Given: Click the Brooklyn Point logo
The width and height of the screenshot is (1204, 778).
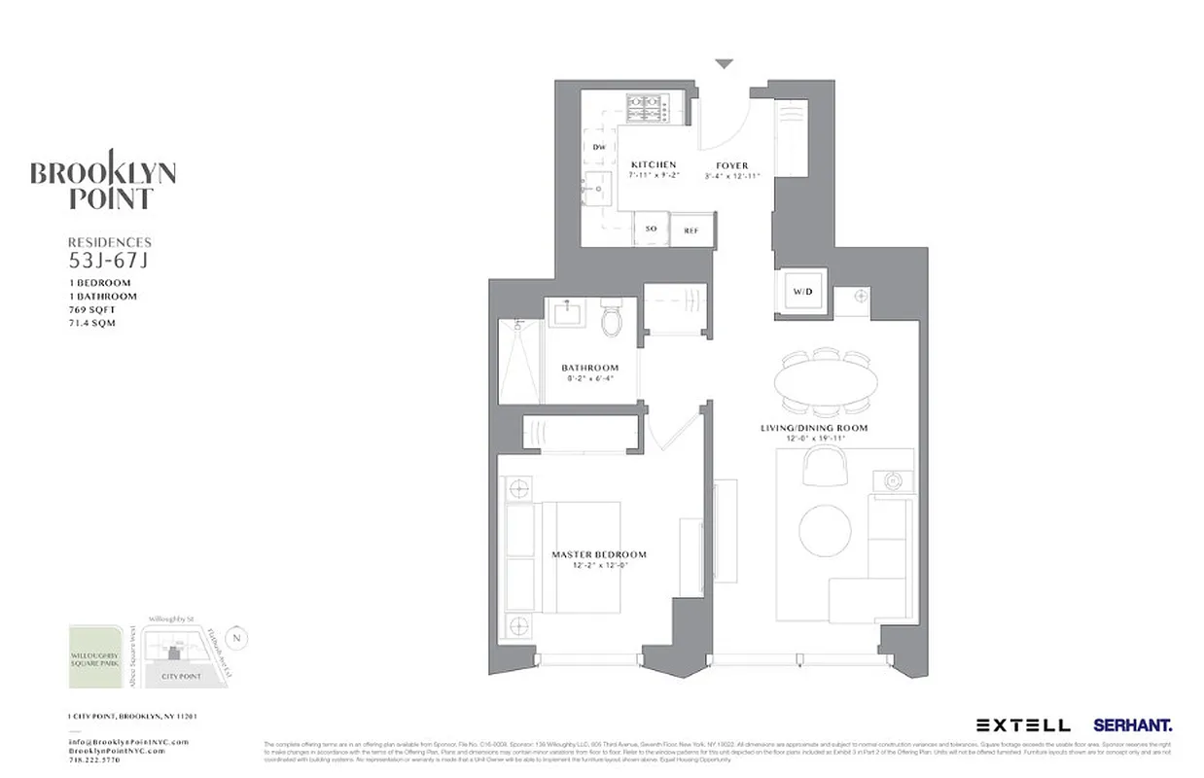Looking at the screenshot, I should pyautogui.click(x=102, y=181).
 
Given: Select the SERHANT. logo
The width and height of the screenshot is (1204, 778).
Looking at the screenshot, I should pyautogui.click(x=1132, y=725).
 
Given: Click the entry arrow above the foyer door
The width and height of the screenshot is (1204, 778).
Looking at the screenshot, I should pyautogui.click(x=724, y=64).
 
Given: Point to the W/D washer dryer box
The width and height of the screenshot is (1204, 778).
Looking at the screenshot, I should pyautogui.click(x=802, y=291).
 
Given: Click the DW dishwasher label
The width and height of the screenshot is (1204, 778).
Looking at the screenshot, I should pyautogui.click(x=599, y=147).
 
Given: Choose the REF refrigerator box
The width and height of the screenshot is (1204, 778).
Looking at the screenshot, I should pyautogui.click(x=691, y=230).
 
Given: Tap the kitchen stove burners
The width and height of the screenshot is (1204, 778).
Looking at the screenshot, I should pyautogui.click(x=644, y=107).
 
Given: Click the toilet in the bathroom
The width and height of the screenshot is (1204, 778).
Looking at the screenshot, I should pyautogui.click(x=612, y=319).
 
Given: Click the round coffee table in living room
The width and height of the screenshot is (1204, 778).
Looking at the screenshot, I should pyautogui.click(x=825, y=530).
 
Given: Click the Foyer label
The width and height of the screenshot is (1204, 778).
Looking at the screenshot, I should pyautogui.click(x=731, y=165).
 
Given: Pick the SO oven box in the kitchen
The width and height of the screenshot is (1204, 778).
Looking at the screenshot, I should pyautogui.click(x=651, y=230).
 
